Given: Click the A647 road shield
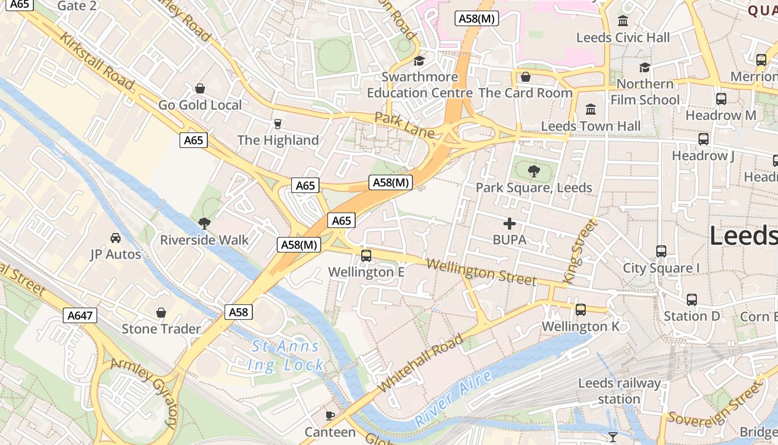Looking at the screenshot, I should (79, 315).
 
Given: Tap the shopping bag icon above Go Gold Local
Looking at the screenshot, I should (200, 88).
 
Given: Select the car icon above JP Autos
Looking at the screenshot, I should (116, 238).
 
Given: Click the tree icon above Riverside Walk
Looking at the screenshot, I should (204, 224).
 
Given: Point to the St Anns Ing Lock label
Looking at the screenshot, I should (286, 356).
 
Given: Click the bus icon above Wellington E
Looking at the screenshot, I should (366, 256).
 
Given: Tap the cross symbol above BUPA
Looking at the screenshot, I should (509, 224).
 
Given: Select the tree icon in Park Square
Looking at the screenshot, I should (534, 171).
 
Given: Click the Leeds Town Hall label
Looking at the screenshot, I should (591, 126).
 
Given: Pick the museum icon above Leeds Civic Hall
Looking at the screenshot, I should (623, 21).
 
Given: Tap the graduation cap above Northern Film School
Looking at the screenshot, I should (645, 68).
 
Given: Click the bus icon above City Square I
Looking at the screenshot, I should (661, 251).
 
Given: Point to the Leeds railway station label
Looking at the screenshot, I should (619, 391).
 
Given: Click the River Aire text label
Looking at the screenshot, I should (453, 399).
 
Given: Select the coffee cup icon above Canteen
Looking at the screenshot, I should (330, 416).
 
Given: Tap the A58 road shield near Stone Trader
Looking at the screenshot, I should (239, 312).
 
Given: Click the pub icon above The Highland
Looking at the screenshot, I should (278, 123).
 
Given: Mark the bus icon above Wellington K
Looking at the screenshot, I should (580, 310).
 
